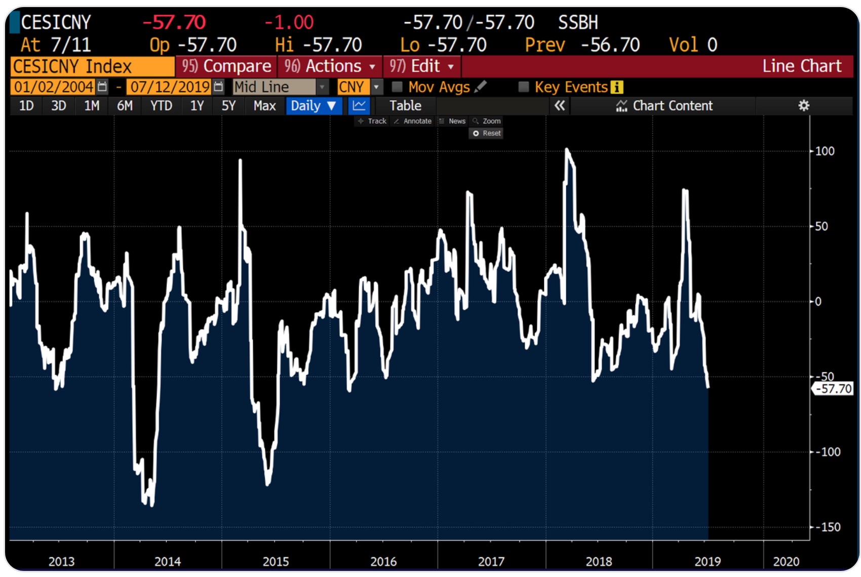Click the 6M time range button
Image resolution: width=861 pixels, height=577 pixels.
click(x=125, y=106)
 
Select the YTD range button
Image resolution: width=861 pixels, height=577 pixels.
click(x=161, y=106)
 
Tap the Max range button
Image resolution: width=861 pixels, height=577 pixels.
click(x=264, y=106)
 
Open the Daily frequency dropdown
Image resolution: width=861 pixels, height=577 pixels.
click(x=314, y=106)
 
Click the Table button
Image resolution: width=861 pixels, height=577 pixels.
click(x=405, y=106)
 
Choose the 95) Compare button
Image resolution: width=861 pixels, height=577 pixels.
click(x=226, y=66)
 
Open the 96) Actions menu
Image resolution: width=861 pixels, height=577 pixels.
click(x=330, y=66)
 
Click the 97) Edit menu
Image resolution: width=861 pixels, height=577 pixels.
click(x=421, y=66)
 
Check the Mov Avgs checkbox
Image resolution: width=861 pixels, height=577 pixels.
click(x=398, y=87)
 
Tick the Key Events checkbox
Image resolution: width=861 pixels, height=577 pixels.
click(x=524, y=87)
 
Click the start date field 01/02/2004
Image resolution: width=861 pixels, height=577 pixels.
click(x=53, y=87)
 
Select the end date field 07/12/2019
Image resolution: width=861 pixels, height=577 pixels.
click(x=170, y=87)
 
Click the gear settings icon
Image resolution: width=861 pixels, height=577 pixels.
click(x=804, y=106)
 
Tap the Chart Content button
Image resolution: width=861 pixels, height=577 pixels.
click(x=664, y=106)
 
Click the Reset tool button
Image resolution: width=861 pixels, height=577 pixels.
click(x=486, y=133)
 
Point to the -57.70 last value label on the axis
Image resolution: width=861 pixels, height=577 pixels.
click(x=833, y=389)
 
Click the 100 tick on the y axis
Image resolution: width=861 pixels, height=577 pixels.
click(x=825, y=151)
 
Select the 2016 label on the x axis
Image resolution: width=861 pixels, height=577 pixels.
click(x=383, y=561)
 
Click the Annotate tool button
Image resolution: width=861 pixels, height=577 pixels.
click(x=413, y=121)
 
